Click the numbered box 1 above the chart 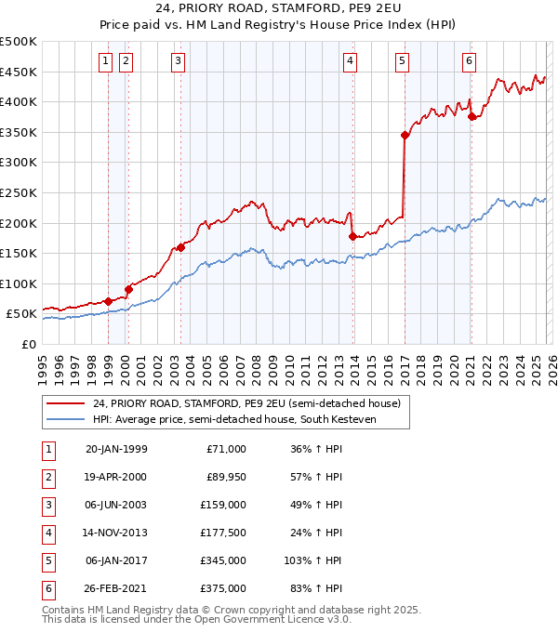(105, 62)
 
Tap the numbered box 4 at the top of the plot (350, 62)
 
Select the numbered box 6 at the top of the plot (469, 62)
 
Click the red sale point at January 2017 (405, 135)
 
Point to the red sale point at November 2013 (352, 236)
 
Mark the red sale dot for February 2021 (472, 116)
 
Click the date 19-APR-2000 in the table (115, 478)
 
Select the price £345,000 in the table (223, 560)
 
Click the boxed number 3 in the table (47, 506)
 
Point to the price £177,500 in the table (223, 533)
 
